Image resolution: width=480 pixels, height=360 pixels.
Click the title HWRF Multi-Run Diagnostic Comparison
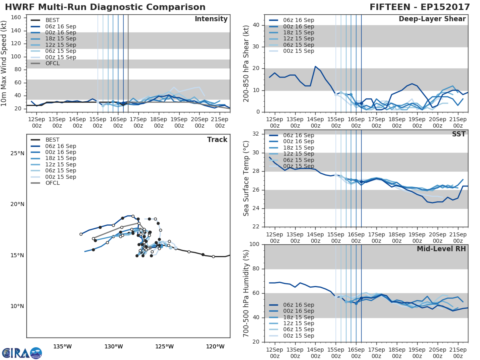coord(105,7)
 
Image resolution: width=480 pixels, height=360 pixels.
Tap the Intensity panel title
coord(211,19)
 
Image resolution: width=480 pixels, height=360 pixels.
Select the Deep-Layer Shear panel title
coord(432,19)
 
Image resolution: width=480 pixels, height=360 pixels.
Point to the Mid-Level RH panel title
coord(441,249)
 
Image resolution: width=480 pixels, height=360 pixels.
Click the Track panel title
coord(217,140)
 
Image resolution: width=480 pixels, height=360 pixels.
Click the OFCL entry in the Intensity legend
coord(52,64)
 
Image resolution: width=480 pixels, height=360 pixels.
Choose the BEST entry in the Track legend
coord(52,140)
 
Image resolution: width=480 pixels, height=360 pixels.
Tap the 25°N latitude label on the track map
coord(17,154)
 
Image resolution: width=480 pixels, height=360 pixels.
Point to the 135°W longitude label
coord(62,346)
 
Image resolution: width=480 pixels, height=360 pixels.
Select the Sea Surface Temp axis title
coord(246,178)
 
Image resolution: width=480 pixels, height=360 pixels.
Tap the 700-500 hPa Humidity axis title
coord(246,293)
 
